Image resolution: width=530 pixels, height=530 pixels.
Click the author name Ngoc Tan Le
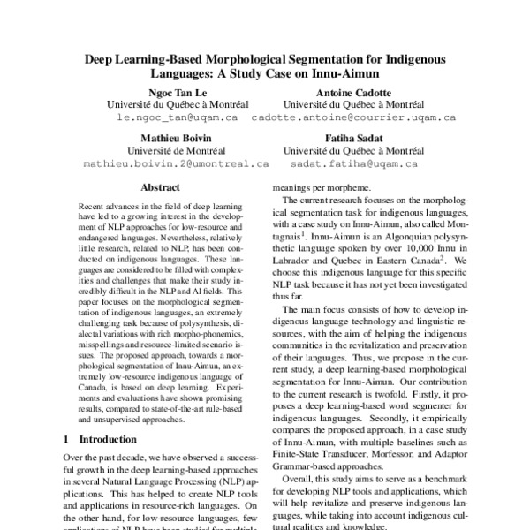(176, 91)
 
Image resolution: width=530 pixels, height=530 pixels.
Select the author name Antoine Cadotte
(353, 91)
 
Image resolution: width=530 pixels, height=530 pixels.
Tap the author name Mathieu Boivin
(176, 138)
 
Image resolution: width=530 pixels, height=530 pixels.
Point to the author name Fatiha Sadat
(353, 138)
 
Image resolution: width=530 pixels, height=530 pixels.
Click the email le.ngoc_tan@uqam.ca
(177, 117)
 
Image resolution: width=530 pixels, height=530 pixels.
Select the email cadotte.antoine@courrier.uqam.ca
(353, 117)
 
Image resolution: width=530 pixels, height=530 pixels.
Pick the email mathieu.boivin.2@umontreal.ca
(176, 163)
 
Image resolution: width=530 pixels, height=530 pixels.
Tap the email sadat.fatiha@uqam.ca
(353, 163)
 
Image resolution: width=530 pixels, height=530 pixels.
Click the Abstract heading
(160, 188)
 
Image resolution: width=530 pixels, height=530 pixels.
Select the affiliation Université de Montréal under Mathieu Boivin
(176, 150)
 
